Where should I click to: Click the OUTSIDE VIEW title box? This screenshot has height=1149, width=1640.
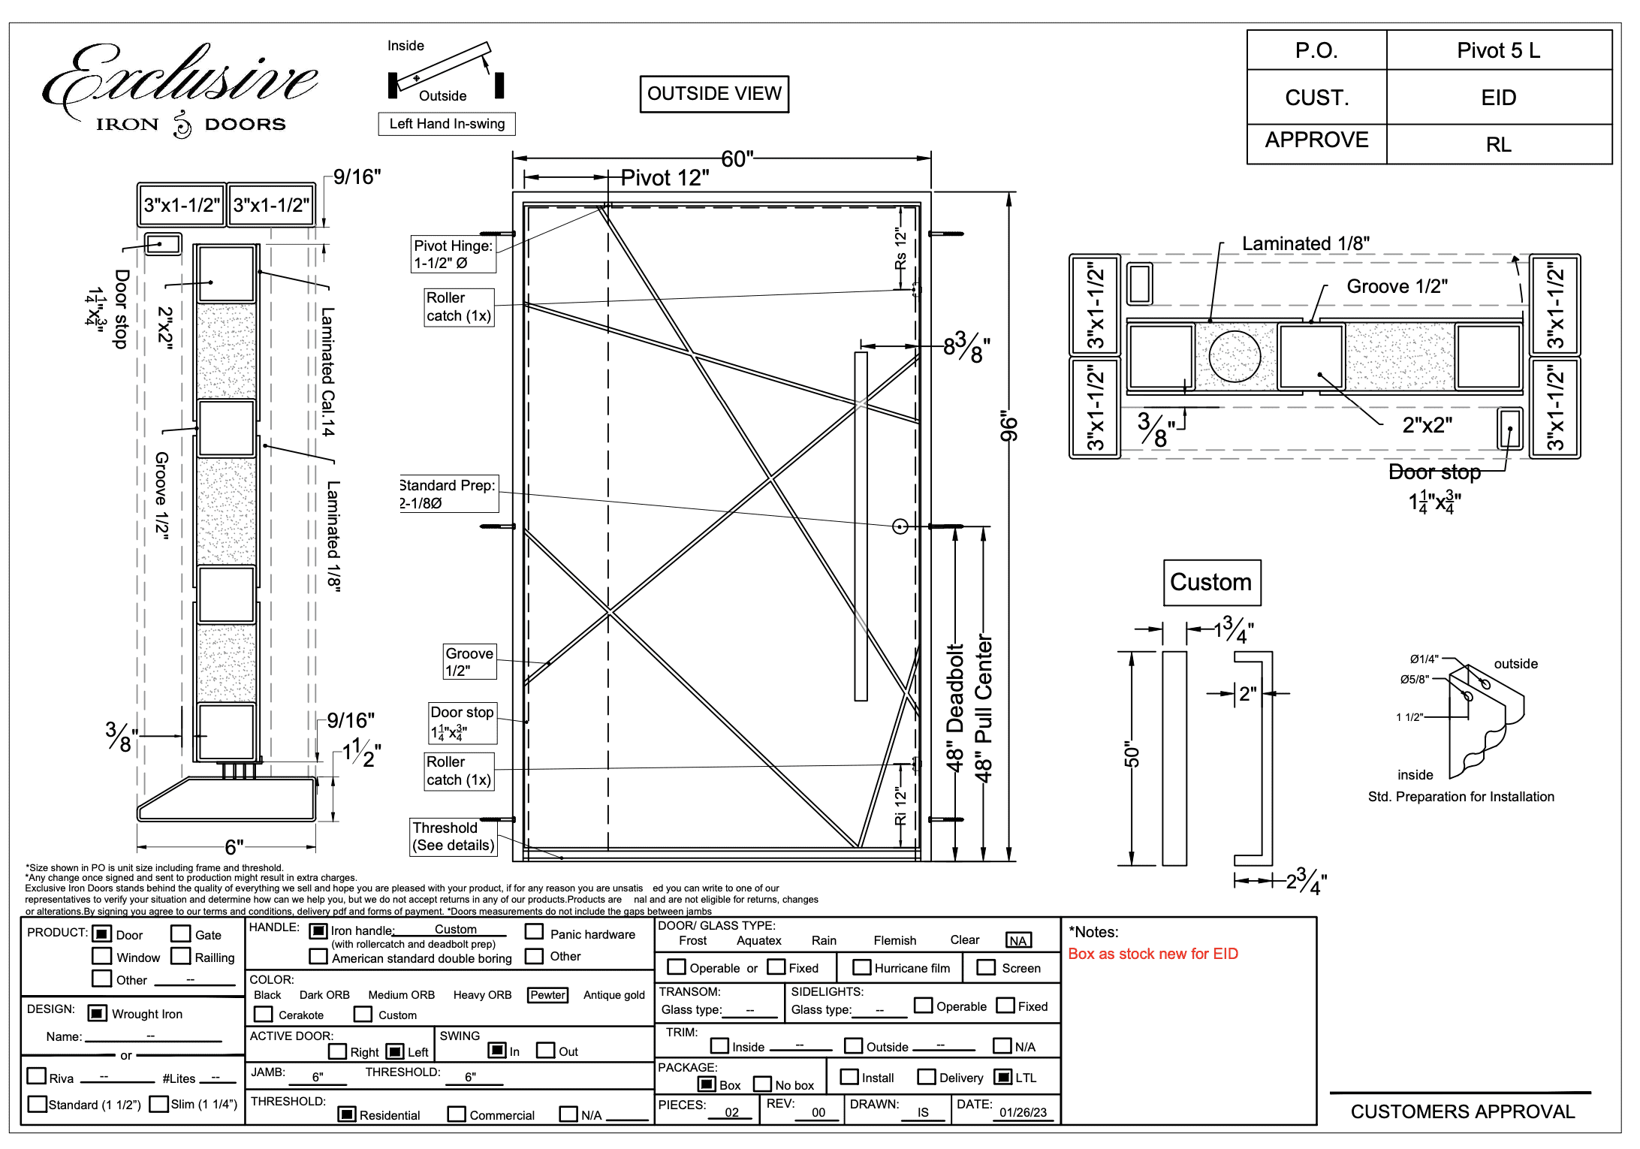(x=714, y=94)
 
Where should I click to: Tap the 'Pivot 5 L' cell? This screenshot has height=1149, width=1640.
(x=1498, y=50)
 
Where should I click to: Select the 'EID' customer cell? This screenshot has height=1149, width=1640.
(x=1498, y=98)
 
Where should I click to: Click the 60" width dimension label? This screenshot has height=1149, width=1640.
(x=737, y=159)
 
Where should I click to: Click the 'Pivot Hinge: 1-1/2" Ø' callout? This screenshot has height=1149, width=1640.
(x=453, y=254)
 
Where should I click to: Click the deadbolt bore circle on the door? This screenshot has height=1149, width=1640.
(x=900, y=526)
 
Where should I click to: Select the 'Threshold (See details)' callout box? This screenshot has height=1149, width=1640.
(x=454, y=837)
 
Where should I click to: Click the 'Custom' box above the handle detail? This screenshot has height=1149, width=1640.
(x=1211, y=582)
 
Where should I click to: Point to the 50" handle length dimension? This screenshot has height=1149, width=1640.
(x=1132, y=757)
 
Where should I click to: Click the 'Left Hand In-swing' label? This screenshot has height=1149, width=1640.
(x=447, y=124)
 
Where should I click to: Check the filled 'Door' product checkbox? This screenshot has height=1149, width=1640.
(x=101, y=934)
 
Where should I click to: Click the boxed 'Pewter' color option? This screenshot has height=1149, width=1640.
(x=547, y=995)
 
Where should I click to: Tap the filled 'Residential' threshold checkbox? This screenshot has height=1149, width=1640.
(x=346, y=1114)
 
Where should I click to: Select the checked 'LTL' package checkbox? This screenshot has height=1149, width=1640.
(x=1002, y=1077)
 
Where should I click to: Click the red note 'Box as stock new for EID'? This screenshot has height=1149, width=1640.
(x=1153, y=954)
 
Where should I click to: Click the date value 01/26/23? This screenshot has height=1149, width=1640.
(x=1023, y=1112)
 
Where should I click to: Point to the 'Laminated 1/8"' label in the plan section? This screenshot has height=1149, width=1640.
(x=1305, y=243)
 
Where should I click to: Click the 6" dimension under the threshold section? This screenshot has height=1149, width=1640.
(x=234, y=847)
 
